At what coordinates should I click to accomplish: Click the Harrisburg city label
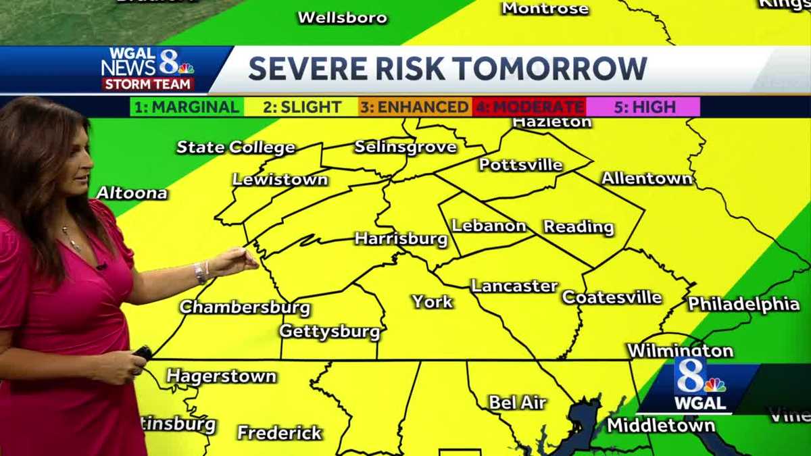pyautogui.click(x=401, y=239)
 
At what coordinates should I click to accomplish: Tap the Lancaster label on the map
pyautogui.click(x=514, y=286)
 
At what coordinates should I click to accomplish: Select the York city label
pyautogui.click(x=432, y=301)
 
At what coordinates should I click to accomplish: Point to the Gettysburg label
pyautogui.click(x=330, y=332)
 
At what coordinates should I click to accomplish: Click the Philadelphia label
pyautogui.click(x=743, y=304)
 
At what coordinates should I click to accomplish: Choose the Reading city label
pyautogui.click(x=579, y=227)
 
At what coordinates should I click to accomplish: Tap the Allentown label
pyautogui.click(x=647, y=178)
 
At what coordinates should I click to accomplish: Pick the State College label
pyautogui.click(x=236, y=147)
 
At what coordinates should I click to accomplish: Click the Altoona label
pyautogui.click(x=132, y=193)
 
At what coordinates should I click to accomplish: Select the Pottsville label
pyautogui.click(x=520, y=165)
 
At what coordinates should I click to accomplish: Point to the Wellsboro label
pyautogui.click(x=343, y=18)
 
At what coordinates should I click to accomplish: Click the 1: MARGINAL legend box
pyautogui.click(x=187, y=107)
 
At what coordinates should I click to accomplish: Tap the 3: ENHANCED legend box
pyautogui.click(x=414, y=107)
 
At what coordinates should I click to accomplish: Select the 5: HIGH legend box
pyautogui.click(x=643, y=107)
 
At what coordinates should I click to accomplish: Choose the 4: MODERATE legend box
pyautogui.click(x=529, y=107)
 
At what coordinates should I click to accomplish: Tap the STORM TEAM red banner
pyautogui.click(x=148, y=84)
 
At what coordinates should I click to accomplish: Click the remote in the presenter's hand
pyautogui.click(x=142, y=353)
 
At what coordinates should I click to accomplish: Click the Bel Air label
pyautogui.click(x=517, y=403)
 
